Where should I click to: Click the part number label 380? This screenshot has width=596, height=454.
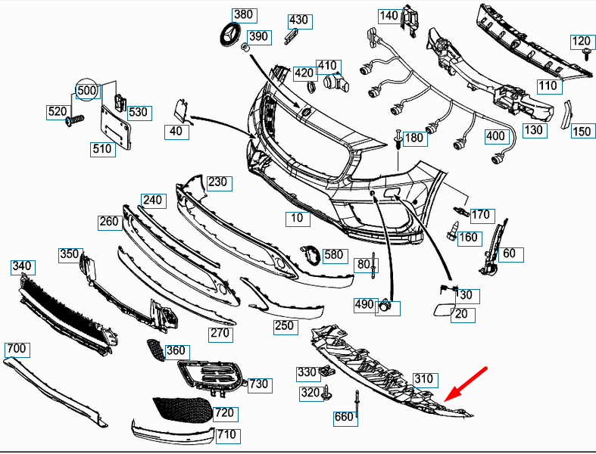[x=244, y=14]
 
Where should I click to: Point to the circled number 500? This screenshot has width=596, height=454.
[x=88, y=91]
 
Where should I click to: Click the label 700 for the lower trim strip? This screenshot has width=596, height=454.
[x=16, y=349]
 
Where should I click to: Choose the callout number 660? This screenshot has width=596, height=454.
[x=344, y=417]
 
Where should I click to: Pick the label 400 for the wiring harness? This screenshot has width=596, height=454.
[x=495, y=137]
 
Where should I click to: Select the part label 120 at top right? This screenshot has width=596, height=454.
[x=581, y=41]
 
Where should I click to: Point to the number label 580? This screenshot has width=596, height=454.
[x=333, y=255]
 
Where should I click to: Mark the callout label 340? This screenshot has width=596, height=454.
[x=22, y=266]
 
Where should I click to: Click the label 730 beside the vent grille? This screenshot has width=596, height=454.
[x=258, y=384]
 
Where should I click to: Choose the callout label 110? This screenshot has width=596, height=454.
[x=548, y=86]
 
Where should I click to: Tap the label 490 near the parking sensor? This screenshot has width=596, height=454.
[x=364, y=304]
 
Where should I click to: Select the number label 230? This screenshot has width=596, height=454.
[x=217, y=182]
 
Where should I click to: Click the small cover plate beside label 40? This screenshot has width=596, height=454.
[x=182, y=108]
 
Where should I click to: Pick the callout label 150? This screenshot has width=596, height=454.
[x=581, y=132]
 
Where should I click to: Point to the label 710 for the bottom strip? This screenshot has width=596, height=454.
[x=226, y=435]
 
